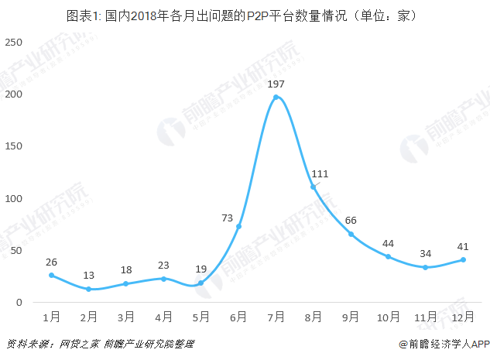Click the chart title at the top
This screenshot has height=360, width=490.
tap(245, 15)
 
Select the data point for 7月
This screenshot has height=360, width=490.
tap(276, 97)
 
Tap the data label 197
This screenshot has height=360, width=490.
tap(276, 83)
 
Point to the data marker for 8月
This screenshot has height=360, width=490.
tap(314, 187)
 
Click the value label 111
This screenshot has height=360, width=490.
tap(320, 173)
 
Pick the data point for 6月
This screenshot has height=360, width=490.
tap(238, 226)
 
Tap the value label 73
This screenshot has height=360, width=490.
tap(228, 218)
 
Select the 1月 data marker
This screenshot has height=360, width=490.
tap(52, 275)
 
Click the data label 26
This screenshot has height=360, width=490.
tap(52, 261)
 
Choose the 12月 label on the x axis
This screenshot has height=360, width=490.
tap(463, 317)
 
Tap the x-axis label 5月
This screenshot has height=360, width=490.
tap(201, 317)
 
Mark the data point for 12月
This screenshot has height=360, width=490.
tap(463, 259)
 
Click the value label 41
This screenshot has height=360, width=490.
tap(463, 245)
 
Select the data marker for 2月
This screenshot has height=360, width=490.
tap(89, 289)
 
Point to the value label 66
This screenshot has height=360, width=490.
tap(351, 220)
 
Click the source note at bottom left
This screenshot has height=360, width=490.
tap(100, 344)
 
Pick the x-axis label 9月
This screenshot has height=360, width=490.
tap(351, 317)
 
